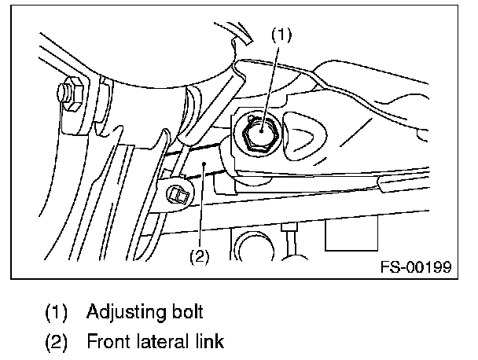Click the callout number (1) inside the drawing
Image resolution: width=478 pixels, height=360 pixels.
click(281, 35)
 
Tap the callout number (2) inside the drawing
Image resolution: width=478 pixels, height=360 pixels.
click(200, 256)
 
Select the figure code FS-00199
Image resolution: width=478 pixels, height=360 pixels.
click(416, 267)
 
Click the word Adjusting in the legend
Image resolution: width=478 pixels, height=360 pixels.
click(127, 313)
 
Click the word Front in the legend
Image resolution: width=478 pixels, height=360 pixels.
click(108, 341)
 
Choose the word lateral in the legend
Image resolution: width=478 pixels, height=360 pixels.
click(163, 341)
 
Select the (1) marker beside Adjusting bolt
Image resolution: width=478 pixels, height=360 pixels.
click(56, 313)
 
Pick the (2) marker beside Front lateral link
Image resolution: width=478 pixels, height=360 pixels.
click(56, 342)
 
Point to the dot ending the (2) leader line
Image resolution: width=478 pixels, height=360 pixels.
click(205, 163)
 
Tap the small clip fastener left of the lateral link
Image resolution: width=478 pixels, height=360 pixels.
click(178, 194)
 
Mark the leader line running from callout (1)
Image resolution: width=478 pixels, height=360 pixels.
click(270, 88)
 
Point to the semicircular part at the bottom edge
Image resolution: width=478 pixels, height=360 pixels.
click(256, 246)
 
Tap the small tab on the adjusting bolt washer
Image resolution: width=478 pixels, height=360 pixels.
click(252, 117)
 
